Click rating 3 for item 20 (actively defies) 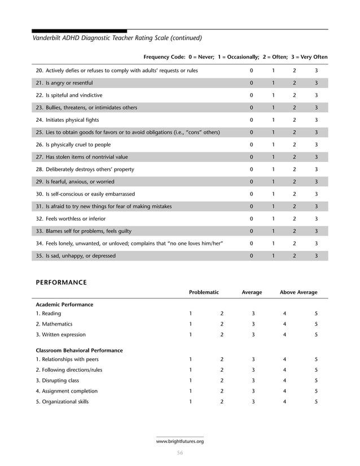tap(316, 71)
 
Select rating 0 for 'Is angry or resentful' tap(252, 83)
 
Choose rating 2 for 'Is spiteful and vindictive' tap(294, 95)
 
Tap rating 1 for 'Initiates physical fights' tap(273, 120)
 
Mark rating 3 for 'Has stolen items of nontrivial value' tap(316, 157)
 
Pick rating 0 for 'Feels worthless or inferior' tap(252, 218)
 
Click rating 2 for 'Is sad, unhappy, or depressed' tap(294, 256)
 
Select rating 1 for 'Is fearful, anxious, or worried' tap(273, 182)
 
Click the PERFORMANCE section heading tap(62, 282)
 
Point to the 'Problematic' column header tap(204, 292)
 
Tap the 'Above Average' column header tap(298, 292)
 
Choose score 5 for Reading tap(316, 313)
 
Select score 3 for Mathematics tap(253, 324)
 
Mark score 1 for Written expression tap(191, 335)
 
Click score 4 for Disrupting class tap(284, 380)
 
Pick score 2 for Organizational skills tap(222, 402)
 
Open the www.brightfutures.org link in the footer tap(179, 441)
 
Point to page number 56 tap(180, 452)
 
